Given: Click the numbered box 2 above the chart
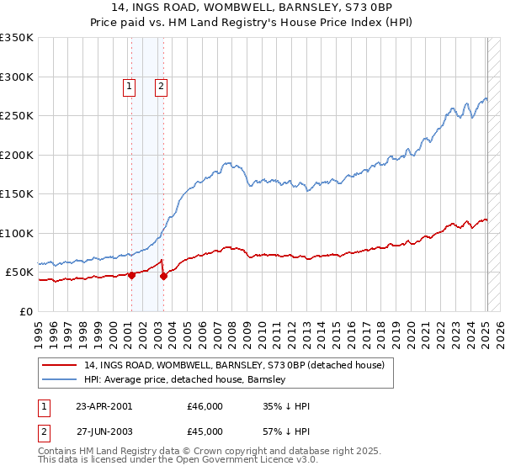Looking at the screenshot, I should (160, 85).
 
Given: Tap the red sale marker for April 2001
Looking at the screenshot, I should (131, 275).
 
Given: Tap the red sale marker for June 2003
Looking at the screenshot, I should (163, 276).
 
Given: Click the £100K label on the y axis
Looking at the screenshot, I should (18, 233).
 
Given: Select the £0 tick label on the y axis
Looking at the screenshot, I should (26, 311).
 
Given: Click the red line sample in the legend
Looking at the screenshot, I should (60, 365).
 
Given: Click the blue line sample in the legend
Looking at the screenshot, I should (60, 379).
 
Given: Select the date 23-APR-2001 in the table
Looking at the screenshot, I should (104, 405).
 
